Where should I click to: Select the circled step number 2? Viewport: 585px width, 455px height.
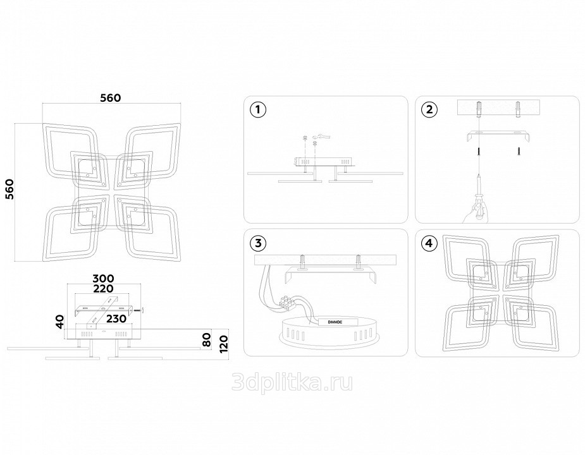tap(429, 110)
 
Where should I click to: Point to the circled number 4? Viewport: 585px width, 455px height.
tap(429, 243)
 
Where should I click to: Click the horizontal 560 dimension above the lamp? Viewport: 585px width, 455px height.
tap(111, 98)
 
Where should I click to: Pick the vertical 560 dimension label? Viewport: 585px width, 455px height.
tap(9, 189)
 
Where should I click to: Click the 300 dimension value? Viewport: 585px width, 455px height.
tap(103, 279)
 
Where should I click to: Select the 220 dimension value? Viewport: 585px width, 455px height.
tap(103, 289)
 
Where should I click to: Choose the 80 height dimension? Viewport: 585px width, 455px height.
tap(207, 340)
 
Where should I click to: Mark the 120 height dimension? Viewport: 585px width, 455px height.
tap(223, 344)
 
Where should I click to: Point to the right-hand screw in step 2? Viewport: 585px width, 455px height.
tap(519, 150)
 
